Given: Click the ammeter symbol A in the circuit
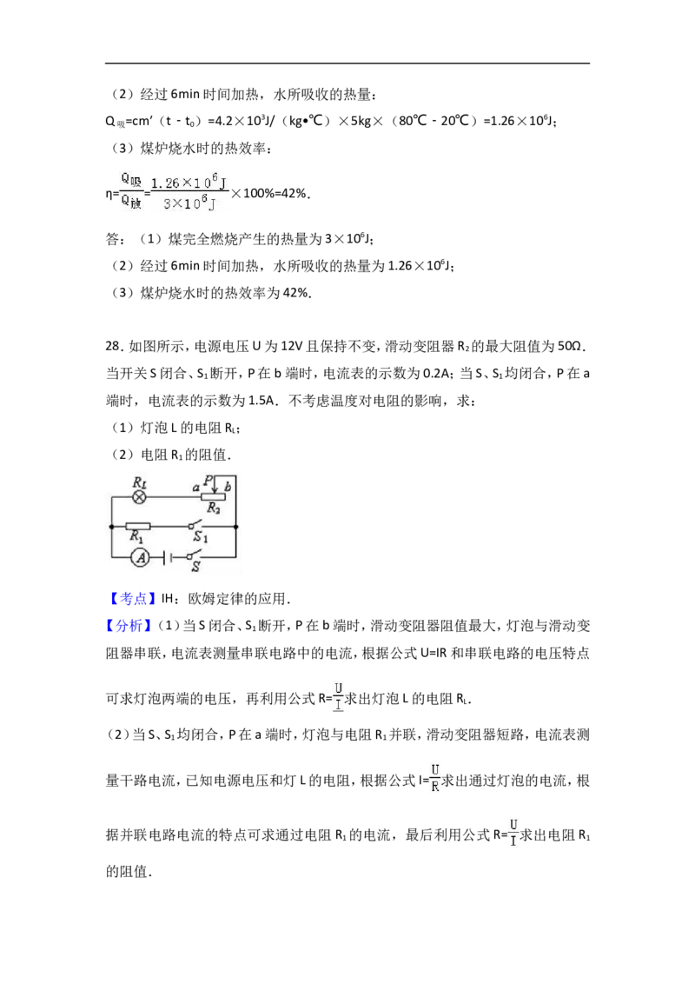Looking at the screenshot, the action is coord(141,556).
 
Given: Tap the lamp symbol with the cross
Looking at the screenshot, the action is coord(140,497).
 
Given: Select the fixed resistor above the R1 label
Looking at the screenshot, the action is coord(137,527).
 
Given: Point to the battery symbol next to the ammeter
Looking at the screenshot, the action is coord(165,556).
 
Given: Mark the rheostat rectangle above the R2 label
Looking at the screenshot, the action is coord(213,497).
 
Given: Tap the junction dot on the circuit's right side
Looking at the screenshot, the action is coord(235,527).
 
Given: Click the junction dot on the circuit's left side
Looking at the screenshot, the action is coord(112,527).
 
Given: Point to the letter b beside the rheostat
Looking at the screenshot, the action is coord(228,486).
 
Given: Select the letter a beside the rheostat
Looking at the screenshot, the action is coord(196,487).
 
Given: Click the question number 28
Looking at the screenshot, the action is coord(114,347).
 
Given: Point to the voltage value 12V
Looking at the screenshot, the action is coord(291,347).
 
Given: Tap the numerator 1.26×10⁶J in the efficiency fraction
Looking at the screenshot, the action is coord(189,182).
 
